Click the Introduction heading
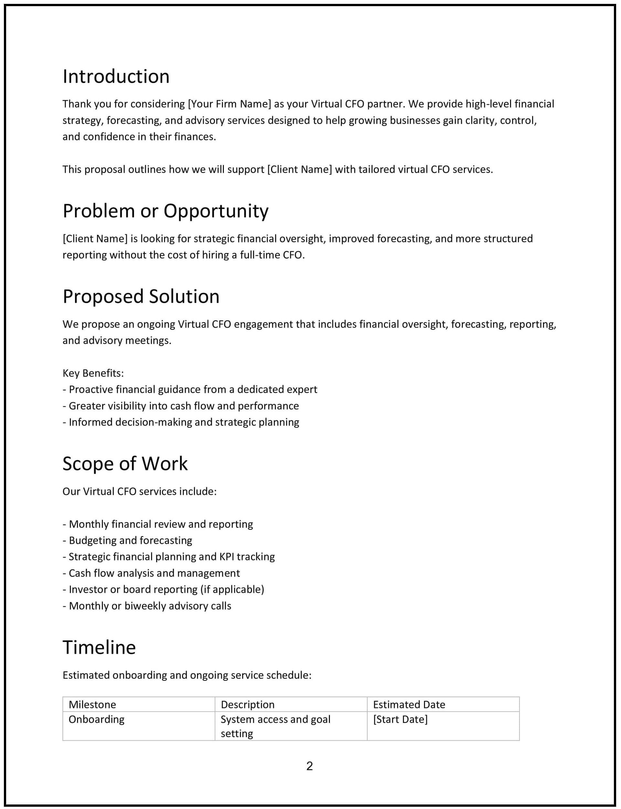tap(116, 77)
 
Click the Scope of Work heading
tap(125, 464)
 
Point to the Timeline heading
tap(99, 648)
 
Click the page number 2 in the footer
tap(310, 765)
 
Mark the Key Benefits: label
tap(93, 373)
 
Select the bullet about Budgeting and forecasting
tap(127, 540)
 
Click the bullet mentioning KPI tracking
tap(169, 557)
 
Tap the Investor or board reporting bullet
tap(163, 589)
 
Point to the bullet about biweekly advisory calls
tap(147, 606)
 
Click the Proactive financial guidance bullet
tap(190, 389)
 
